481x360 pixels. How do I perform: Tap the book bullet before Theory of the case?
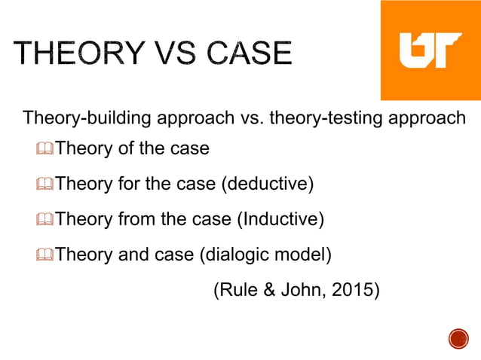pyautogui.click(x=45, y=149)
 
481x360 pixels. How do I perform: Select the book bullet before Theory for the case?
pyautogui.click(x=45, y=184)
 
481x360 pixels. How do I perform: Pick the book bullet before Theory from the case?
pyautogui.click(x=45, y=219)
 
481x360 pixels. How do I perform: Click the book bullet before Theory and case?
pyautogui.click(x=45, y=255)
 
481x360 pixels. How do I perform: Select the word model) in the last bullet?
pyautogui.click(x=303, y=255)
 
